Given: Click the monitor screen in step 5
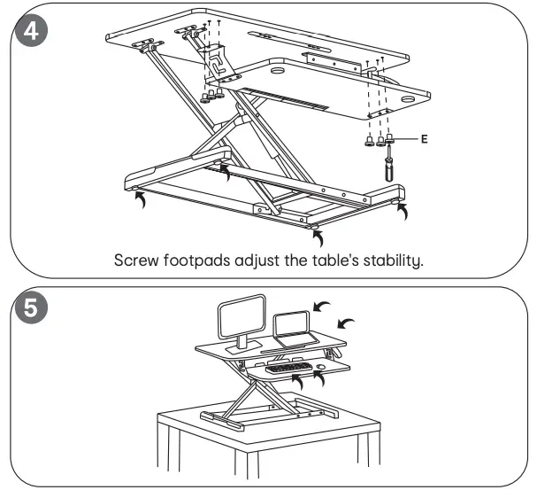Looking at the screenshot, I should [242, 315].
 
